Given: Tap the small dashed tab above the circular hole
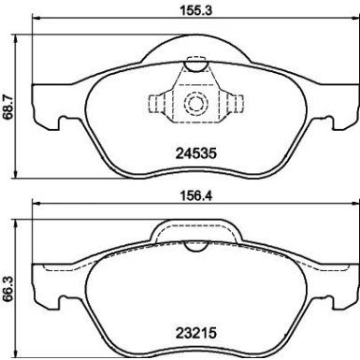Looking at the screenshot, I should click(x=195, y=66).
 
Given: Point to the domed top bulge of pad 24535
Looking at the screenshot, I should click(x=195, y=47).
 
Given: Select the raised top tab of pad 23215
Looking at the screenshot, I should click(x=195, y=230).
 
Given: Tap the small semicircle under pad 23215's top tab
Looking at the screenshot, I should click(x=195, y=246).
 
